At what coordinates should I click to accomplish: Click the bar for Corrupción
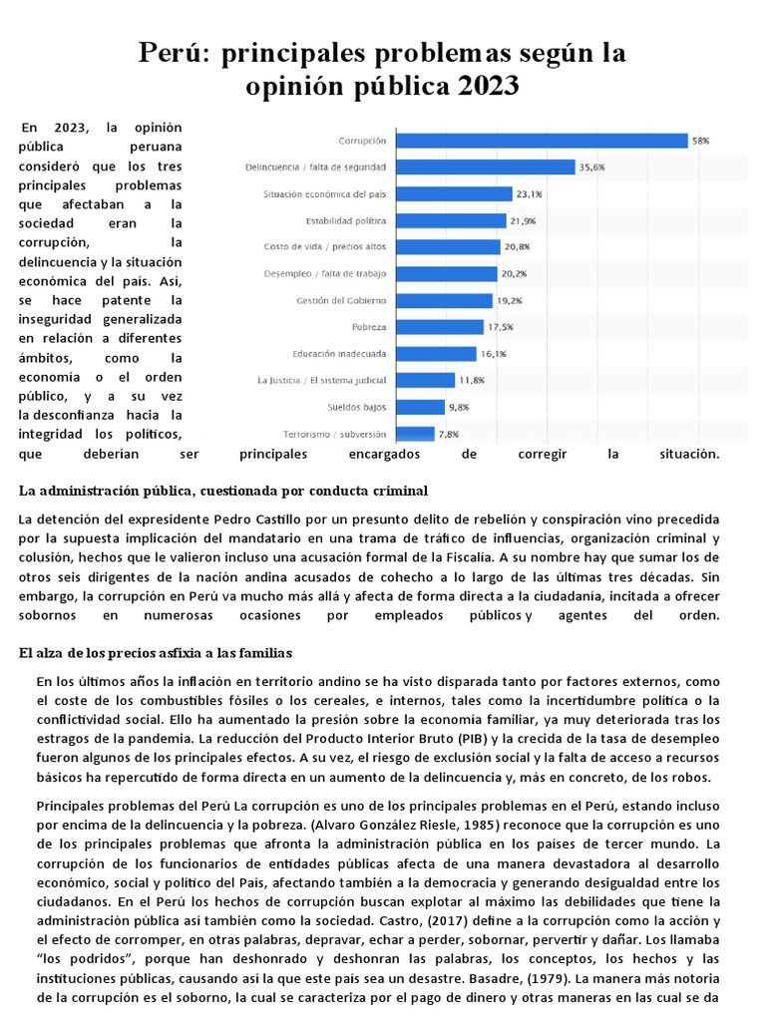543,141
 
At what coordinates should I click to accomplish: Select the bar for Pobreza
441,327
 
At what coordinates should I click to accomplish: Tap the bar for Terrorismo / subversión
416,434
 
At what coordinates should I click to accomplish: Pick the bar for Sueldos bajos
421,407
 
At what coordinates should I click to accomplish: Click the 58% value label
701,142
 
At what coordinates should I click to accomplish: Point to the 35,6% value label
591,168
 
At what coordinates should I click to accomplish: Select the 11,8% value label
471,380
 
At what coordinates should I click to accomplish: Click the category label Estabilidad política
346,220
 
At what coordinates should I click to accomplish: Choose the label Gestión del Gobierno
341,300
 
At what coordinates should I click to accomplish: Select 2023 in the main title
489,87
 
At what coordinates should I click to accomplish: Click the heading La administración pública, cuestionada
223,491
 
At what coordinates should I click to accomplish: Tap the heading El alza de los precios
155,653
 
